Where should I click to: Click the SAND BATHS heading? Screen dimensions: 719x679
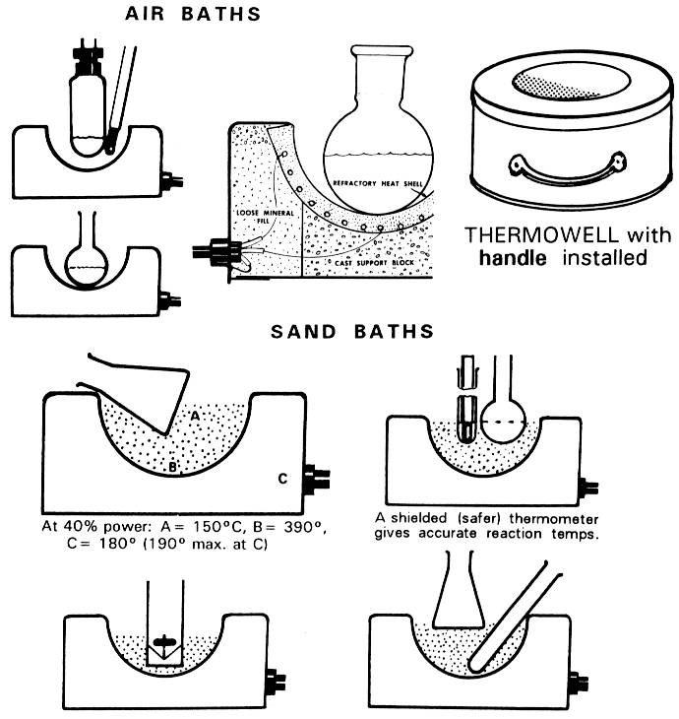352,332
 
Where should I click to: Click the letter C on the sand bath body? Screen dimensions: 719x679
282,480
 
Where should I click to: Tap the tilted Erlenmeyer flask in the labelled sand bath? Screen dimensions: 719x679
148,389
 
